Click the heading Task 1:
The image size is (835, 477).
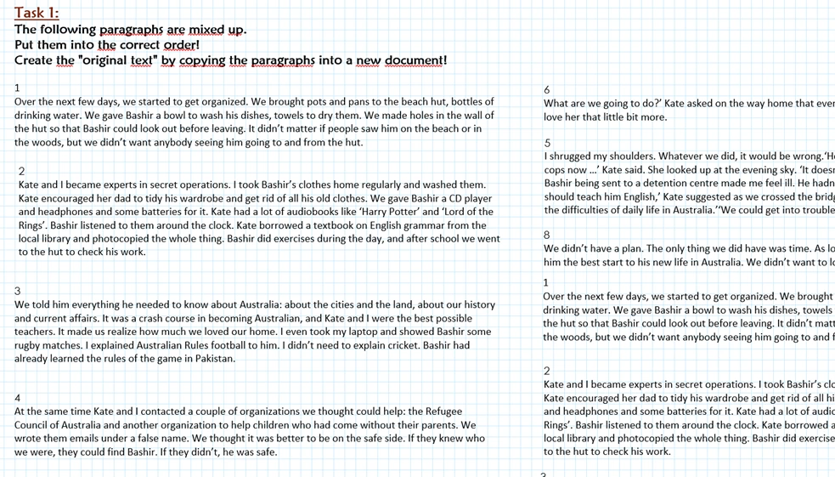pyautogui.click(x=37, y=13)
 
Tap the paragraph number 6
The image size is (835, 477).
pyautogui.click(x=547, y=89)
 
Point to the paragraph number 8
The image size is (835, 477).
pyautogui.click(x=547, y=235)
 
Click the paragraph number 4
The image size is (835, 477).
pyautogui.click(x=18, y=398)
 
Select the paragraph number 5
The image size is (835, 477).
pyautogui.click(x=547, y=143)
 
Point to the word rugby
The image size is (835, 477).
pyautogui.click(x=31, y=345)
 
